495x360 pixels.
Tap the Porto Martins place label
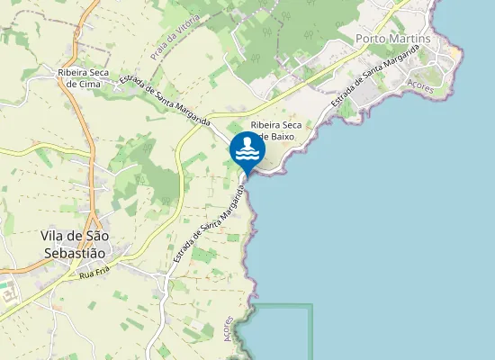click(392, 39)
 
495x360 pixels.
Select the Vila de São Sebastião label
click(75, 244)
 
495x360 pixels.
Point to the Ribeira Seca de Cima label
click(84, 77)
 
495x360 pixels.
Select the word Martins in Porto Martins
click(411, 39)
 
